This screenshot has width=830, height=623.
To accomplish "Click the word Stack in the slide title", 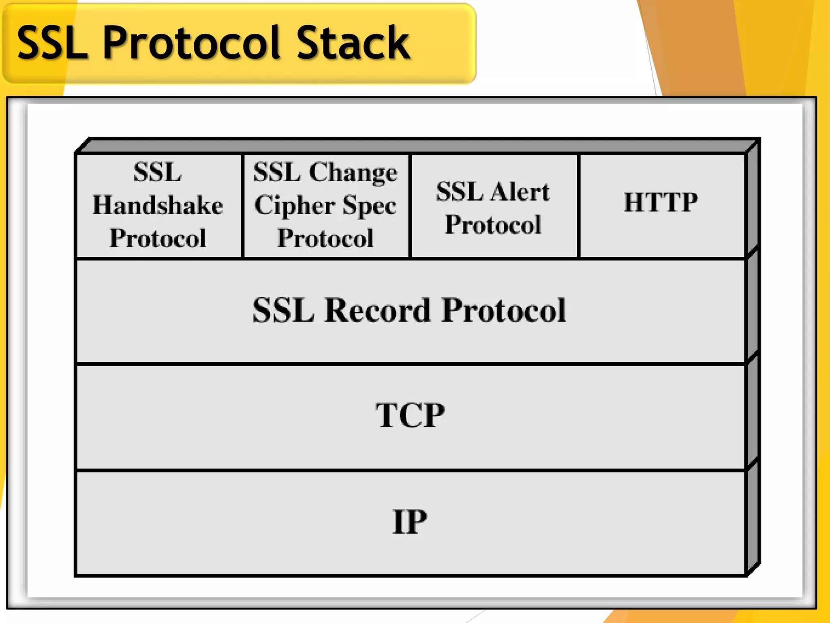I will tap(353, 43).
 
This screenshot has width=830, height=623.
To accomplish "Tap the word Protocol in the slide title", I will tap(191, 43).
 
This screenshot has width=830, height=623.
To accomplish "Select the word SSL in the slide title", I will tap(53, 43).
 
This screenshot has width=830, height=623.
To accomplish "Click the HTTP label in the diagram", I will tap(661, 202).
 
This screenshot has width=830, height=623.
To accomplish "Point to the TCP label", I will tap(410, 415).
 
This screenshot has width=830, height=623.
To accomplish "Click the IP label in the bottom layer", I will tap(410, 522).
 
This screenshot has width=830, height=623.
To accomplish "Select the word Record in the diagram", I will tap(377, 310).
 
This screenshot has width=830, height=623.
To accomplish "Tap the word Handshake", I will tap(158, 205).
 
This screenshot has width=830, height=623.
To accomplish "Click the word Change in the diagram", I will tap(353, 172).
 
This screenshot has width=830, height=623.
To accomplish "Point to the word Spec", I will tap(369, 205).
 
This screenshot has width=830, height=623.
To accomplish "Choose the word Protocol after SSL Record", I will tap(504, 310).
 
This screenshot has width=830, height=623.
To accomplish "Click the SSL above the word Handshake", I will tap(158, 172).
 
